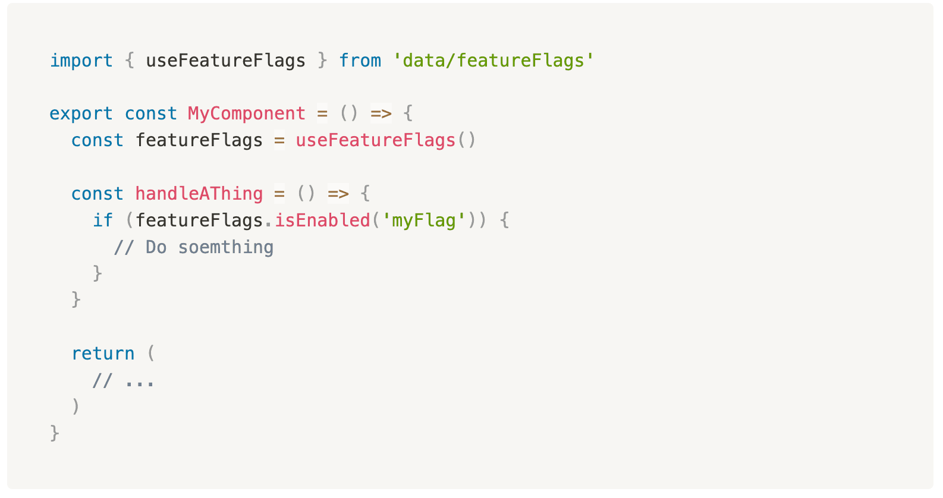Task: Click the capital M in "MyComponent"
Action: (x=193, y=114)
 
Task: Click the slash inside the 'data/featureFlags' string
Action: (x=451, y=61)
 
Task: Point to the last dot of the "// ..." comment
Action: (x=150, y=383)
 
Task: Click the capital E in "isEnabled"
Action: (x=301, y=220)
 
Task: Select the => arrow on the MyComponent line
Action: (x=381, y=114)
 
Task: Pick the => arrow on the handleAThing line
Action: (x=338, y=194)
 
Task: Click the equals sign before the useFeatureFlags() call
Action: (x=279, y=140)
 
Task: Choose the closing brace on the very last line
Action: (x=55, y=433)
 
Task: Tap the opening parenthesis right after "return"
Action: (x=151, y=354)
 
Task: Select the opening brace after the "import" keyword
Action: (x=130, y=61)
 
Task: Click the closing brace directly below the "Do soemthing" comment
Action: (x=98, y=273)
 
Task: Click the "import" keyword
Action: (x=81, y=61)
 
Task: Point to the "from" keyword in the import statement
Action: (x=360, y=61)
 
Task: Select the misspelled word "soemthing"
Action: (x=226, y=247)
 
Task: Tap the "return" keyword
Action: (x=103, y=354)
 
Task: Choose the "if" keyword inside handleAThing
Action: (x=103, y=220)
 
